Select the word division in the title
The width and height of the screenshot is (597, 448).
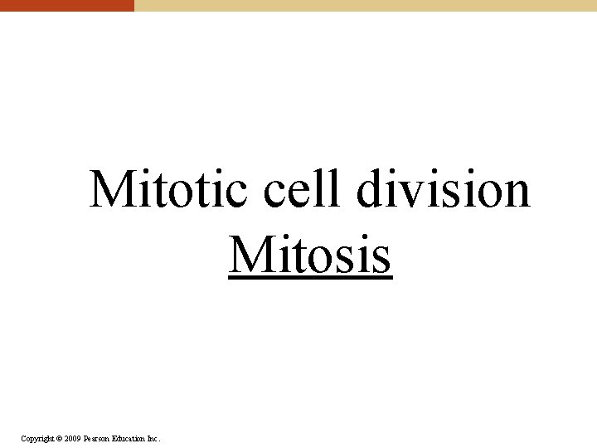point(444,189)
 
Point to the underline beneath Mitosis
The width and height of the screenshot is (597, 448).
point(310,278)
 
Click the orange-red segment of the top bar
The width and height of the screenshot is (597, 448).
point(66,5)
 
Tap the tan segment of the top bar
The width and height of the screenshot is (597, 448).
point(365,5)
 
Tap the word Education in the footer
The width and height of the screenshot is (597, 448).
point(129,438)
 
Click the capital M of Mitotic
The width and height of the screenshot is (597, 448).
point(109,189)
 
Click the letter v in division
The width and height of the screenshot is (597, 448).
point(408,192)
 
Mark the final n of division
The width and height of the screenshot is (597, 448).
point(515,192)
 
